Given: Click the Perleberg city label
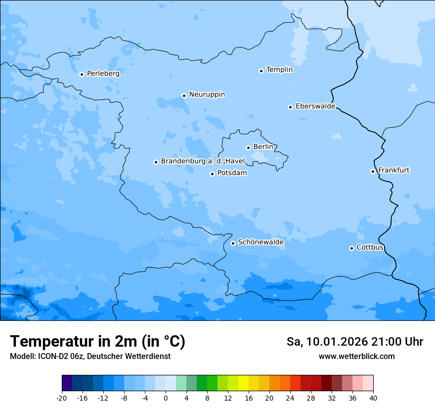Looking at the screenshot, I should click(103, 73).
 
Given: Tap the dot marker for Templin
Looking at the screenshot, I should click(261, 71).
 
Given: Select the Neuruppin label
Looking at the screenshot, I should click(207, 94).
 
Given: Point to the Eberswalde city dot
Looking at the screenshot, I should click(291, 107).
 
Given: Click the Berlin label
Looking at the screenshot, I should click(263, 147).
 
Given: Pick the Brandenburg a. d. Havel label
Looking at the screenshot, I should click(203, 161).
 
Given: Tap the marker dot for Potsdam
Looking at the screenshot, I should click(212, 174).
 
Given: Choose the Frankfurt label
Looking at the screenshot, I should click(393, 170).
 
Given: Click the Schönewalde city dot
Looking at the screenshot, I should click(233, 243).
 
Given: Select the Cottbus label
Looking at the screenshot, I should click(370, 247).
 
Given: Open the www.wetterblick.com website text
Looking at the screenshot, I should click(356, 357).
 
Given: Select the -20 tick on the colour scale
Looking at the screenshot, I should click(62, 398).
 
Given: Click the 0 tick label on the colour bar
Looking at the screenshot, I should click(166, 398).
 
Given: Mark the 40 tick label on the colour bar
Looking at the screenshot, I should click(373, 398).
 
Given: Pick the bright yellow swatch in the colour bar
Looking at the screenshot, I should click(243, 383).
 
